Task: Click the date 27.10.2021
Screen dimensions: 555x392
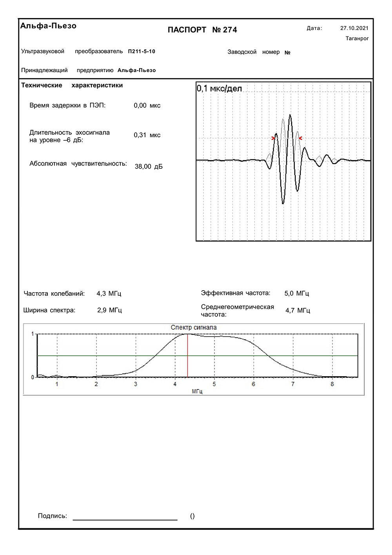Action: [354, 28]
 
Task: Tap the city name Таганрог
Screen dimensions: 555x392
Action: [357, 38]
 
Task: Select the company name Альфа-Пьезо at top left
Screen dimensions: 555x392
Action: [48, 26]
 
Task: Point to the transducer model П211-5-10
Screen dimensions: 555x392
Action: [142, 51]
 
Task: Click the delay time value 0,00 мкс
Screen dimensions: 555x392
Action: [147, 106]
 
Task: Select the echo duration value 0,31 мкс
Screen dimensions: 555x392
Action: [147, 135]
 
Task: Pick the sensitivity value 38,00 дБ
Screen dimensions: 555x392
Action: [149, 166]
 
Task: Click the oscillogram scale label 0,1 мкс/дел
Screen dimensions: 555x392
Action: [219, 88]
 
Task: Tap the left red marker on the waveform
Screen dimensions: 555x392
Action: [273, 138]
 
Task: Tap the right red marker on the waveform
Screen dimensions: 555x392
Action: [300, 138]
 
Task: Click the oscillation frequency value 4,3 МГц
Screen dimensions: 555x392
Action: [109, 293]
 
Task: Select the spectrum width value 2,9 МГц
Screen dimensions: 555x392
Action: [109, 310]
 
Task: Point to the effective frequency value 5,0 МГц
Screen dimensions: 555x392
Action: [297, 293]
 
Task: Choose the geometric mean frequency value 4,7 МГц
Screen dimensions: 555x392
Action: [298, 311]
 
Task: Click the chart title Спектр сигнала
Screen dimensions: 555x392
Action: [194, 328]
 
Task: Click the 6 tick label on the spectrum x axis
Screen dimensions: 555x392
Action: [253, 384]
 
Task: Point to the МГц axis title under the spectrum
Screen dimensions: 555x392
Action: [197, 391]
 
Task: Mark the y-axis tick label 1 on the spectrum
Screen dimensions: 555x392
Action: [33, 334]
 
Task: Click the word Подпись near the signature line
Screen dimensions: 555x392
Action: [53, 516]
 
